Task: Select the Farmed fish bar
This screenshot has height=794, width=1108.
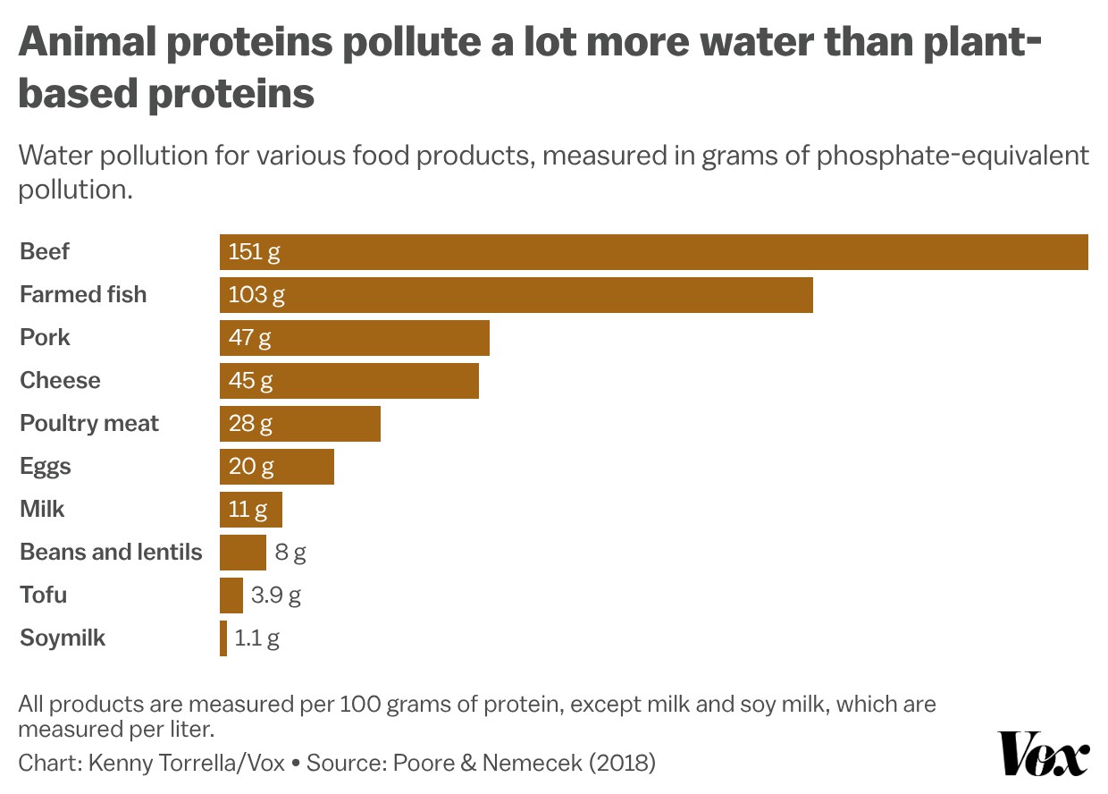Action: click(516, 295)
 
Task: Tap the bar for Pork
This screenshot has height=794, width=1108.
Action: click(355, 338)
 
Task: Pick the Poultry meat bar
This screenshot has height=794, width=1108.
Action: click(300, 424)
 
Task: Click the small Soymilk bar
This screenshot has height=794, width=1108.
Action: click(223, 638)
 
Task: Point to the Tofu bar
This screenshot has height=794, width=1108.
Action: click(231, 595)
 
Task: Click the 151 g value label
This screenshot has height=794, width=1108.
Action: click(254, 252)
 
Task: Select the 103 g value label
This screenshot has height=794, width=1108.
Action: click(256, 295)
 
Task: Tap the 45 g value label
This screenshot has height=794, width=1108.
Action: click(250, 381)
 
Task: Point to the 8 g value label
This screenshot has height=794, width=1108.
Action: click(290, 553)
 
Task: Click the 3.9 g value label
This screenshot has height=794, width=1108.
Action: click(276, 595)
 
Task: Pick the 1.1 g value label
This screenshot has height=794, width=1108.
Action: click(256, 638)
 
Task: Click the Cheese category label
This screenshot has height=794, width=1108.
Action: click(60, 381)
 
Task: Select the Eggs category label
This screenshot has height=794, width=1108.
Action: click(46, 467)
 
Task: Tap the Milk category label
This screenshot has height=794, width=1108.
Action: click(42, 510)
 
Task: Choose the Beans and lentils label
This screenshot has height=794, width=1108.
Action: click(111, 553)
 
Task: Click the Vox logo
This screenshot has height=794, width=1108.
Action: click(1043, 753)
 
